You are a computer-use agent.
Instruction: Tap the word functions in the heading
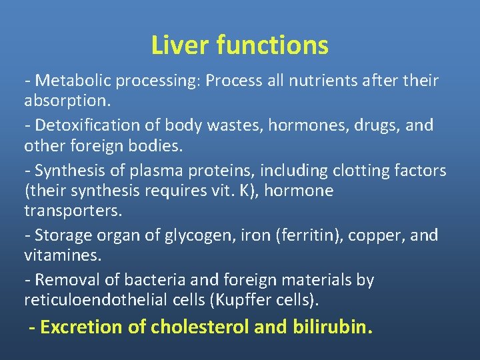tap(272, 45)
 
